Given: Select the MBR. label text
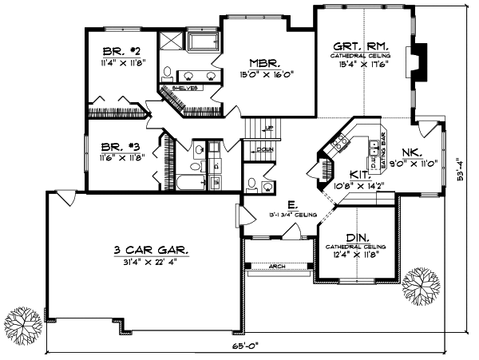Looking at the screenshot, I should pyautogui.click(x=263, y=63).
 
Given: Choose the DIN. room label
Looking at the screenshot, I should pyautogui.click(x=357, y=237).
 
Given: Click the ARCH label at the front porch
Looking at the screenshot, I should pyautogui.click(x=278, y=266).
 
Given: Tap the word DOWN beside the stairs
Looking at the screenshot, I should pyautogui.click(x=264, y=148).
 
